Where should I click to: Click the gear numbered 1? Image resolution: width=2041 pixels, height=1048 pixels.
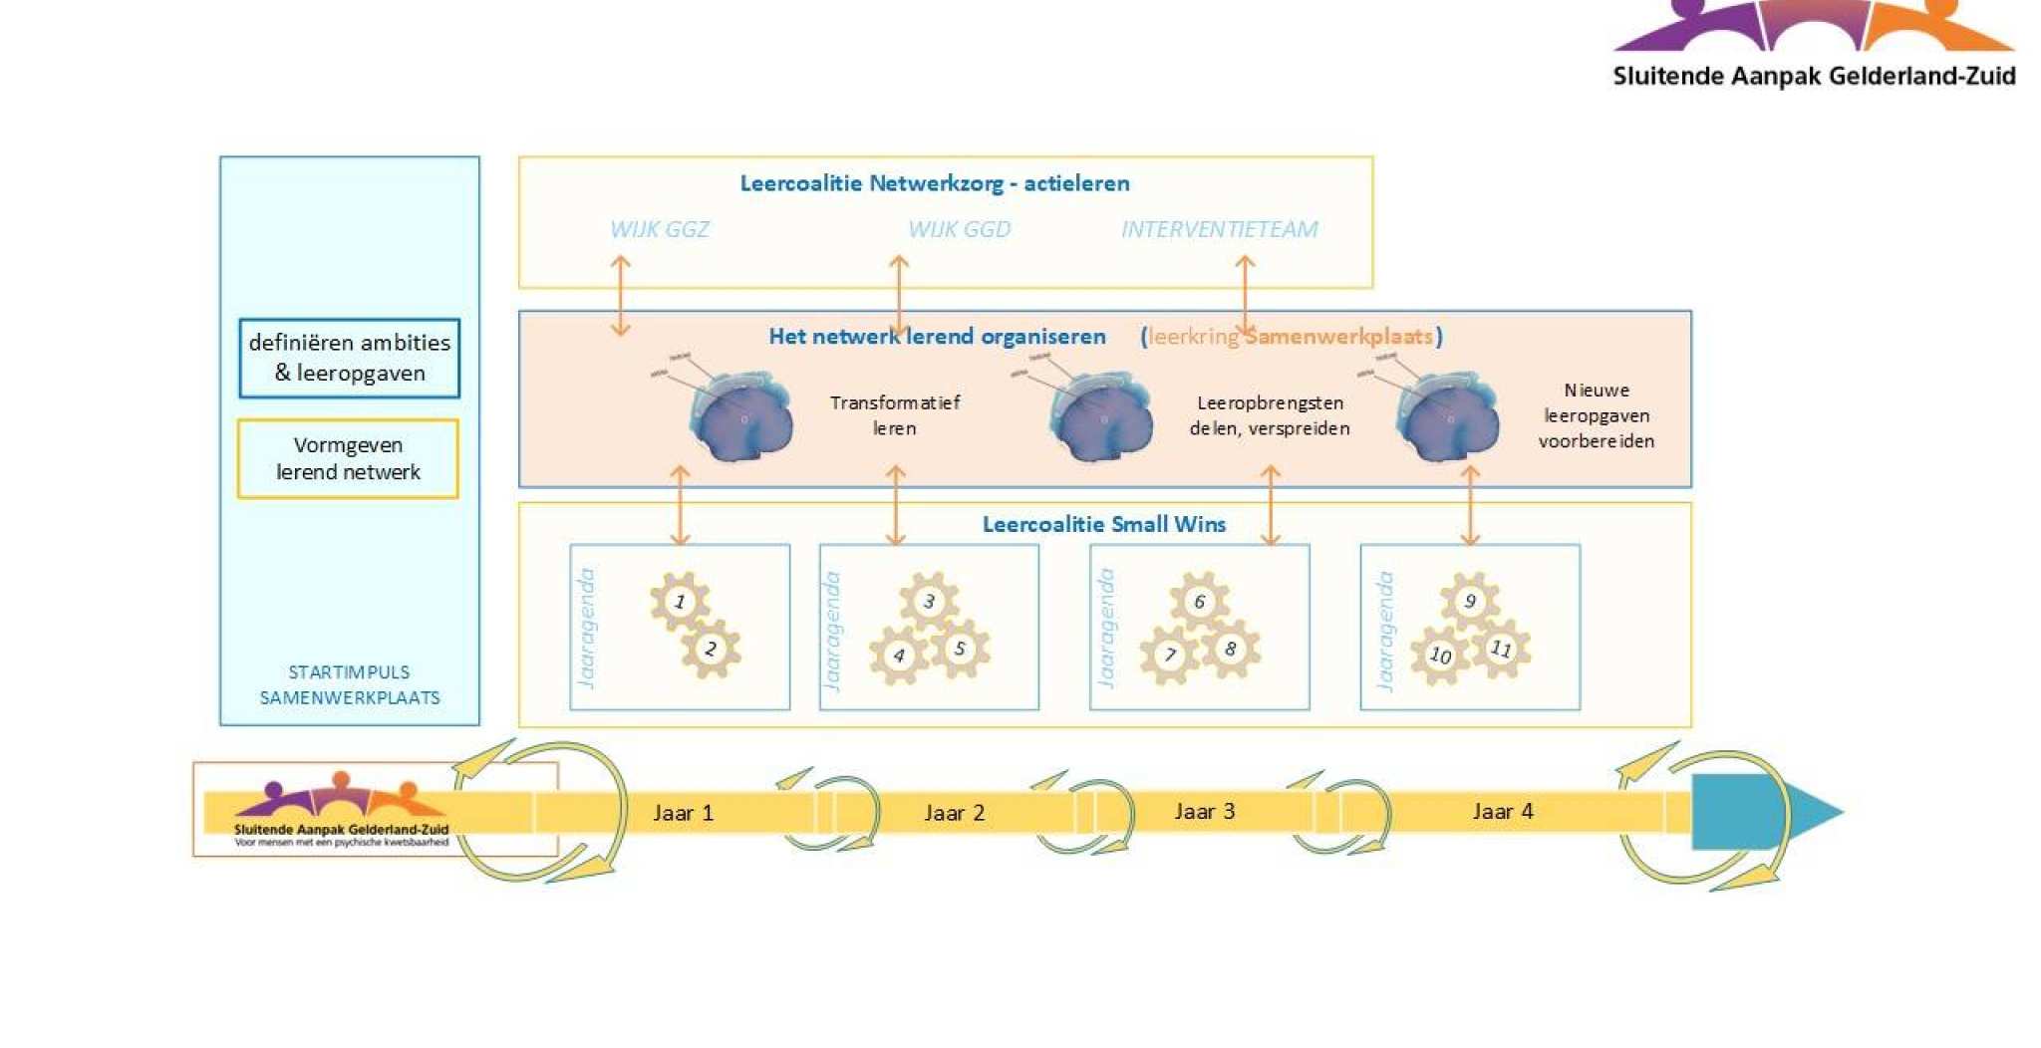point(680,601)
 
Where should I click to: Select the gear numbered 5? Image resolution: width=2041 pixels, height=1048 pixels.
point(960,649)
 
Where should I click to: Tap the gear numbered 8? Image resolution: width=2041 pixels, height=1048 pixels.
point(1231,649)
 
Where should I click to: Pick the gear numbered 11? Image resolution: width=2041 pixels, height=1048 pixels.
point(1501,649)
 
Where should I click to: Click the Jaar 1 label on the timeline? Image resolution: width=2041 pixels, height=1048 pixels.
point(683,813)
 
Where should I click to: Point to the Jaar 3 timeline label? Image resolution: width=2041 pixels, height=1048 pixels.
point(1204,811)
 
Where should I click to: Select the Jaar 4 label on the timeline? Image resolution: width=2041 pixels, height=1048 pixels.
point(1503,811)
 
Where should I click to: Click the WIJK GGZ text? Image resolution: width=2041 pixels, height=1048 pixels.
point(660,229)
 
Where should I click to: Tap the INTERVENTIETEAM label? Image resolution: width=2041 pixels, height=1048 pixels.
point(1219,229)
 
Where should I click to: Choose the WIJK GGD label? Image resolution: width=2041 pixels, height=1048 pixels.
point(959,229)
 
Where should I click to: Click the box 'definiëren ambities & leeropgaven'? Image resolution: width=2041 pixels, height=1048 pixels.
point(349,358)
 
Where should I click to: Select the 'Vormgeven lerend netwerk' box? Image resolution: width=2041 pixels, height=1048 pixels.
point(348,458)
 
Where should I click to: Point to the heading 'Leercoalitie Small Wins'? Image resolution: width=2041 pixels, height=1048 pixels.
point(1103,524)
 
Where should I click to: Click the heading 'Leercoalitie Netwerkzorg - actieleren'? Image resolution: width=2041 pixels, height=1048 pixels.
point(934,183)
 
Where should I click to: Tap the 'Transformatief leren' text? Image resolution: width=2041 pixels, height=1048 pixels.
point(894,415)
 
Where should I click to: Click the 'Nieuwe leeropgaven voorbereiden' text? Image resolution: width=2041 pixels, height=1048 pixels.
point(1596,415)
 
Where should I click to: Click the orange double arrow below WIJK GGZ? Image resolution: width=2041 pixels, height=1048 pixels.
point(621,295)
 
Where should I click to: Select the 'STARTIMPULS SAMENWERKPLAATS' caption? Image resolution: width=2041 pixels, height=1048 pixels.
point(350,684)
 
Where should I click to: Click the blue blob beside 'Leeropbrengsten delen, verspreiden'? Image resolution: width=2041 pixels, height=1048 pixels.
point(1101,419)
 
